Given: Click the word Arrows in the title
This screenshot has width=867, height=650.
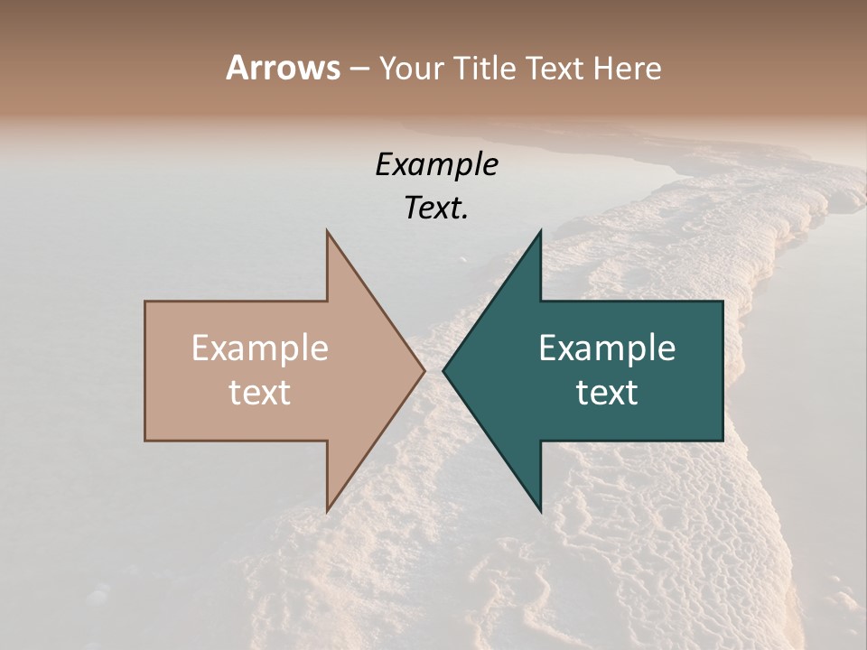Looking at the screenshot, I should coord(283,68).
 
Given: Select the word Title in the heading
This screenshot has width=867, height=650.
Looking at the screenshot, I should coord(485,68).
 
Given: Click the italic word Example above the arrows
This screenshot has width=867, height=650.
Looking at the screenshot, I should coord(436,164).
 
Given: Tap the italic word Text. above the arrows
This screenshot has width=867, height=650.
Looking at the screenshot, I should coord(436,209).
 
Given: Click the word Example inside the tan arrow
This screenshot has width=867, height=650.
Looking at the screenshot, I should coord(260,348).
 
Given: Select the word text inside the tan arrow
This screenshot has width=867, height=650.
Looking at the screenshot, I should coord(260,393).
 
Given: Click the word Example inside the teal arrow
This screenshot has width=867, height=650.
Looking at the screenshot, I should coord(607,348).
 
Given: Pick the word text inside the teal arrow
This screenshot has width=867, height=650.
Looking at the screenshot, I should coord(607,393).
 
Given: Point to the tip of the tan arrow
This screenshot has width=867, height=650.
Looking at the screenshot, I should coord(424,370).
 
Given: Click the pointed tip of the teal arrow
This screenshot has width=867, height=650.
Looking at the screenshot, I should coord(443,370).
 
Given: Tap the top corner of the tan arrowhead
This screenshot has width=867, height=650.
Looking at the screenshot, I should coord(327,231).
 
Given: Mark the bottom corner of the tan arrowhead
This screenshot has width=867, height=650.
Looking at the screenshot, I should coord(327,511).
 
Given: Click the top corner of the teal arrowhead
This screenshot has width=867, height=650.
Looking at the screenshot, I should coord(540,231).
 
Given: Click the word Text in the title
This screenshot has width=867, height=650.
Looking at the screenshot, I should coord(555,68).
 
